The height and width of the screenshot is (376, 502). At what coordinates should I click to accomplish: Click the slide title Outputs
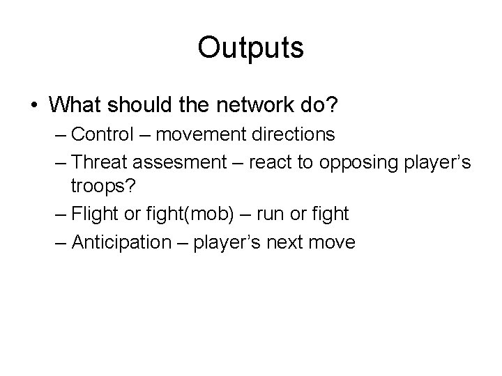pos(250,47)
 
